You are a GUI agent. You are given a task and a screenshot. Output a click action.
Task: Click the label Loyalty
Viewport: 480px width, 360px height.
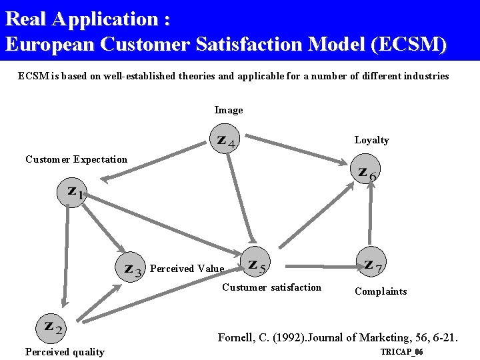point(371,140)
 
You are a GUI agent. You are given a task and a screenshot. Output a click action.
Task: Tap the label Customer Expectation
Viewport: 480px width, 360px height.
point(76,159)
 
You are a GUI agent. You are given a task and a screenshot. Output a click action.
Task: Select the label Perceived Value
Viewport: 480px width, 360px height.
point(187,269)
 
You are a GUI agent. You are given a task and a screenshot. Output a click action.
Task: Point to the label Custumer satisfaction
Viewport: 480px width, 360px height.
point(271,287)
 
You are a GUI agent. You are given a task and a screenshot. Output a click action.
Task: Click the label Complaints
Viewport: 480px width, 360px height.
point(381,291)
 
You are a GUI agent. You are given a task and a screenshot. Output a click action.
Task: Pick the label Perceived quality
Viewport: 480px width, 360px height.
point(65,352)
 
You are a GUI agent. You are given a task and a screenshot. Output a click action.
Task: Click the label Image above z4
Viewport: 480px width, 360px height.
point(229,110)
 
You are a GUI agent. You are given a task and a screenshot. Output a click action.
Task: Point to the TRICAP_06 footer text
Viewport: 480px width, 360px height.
point(401,352)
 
